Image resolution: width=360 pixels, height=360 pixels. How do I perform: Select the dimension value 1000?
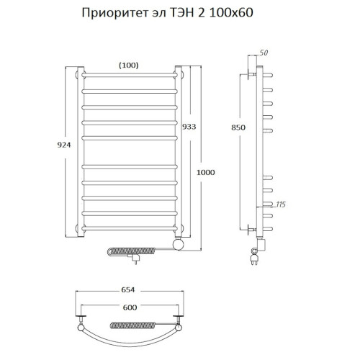[x=206, y=172]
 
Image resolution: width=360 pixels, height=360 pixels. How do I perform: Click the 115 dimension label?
[x=281, y=205]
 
